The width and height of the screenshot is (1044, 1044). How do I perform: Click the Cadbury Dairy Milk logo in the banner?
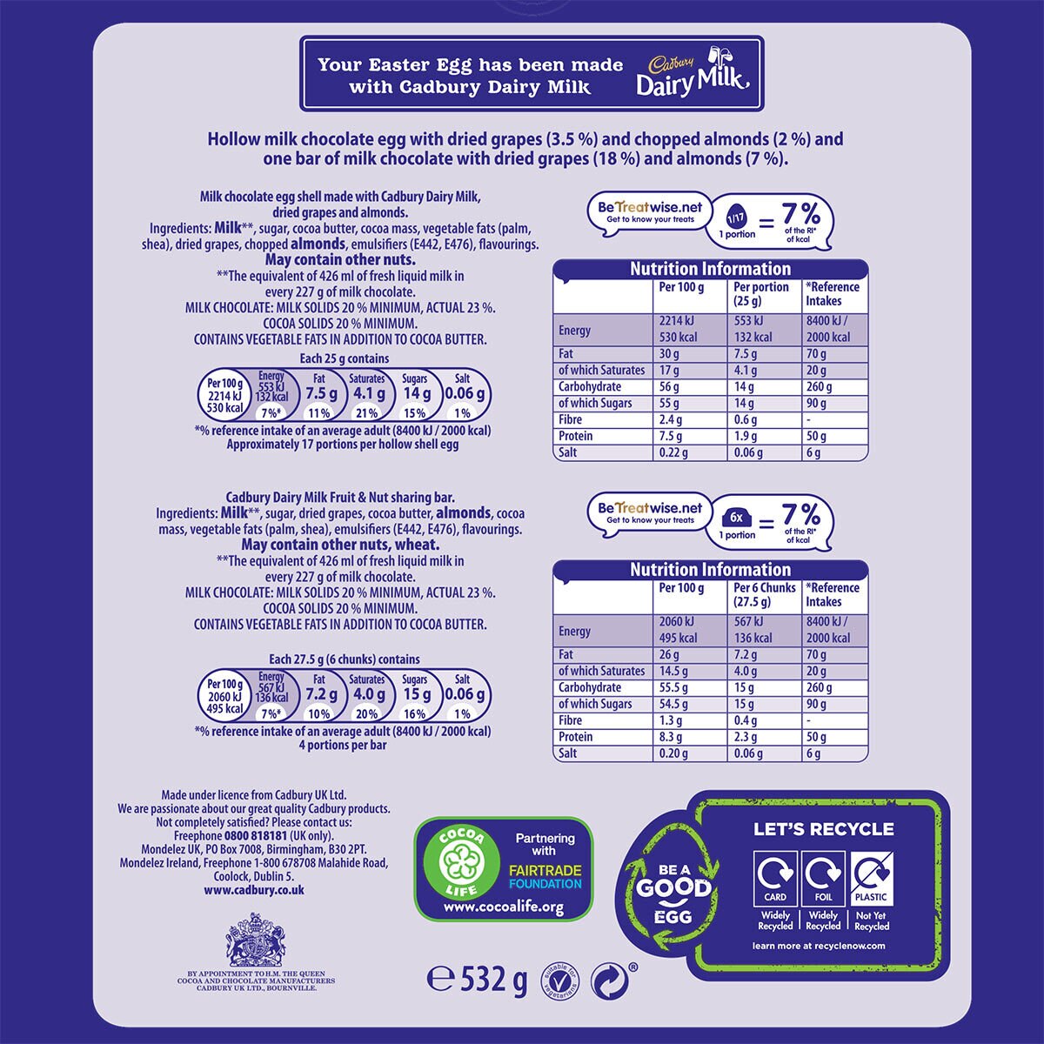pos(693,72)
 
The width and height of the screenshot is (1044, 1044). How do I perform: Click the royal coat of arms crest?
pos(256,940)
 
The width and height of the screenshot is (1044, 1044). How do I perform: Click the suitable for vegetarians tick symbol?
pos(560,980)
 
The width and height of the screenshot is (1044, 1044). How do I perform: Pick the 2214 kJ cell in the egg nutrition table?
pos(676,321)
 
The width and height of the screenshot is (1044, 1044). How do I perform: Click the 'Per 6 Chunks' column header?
pos(764,588)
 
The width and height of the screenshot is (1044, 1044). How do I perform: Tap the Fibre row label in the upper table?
pos(570,420)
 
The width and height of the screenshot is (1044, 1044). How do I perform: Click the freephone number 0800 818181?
pos(255,836)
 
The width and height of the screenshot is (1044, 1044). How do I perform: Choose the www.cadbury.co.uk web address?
pos(254,890)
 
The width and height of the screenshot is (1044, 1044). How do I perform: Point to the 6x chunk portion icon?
pos(736,518)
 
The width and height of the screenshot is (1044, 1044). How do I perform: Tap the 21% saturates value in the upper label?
pos(366,413)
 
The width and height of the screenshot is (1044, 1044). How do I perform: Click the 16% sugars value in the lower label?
pos(414,714)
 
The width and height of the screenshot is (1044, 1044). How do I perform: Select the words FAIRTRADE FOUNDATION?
pos(545,877)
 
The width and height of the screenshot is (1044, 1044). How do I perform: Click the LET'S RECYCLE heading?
pos(824,829)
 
